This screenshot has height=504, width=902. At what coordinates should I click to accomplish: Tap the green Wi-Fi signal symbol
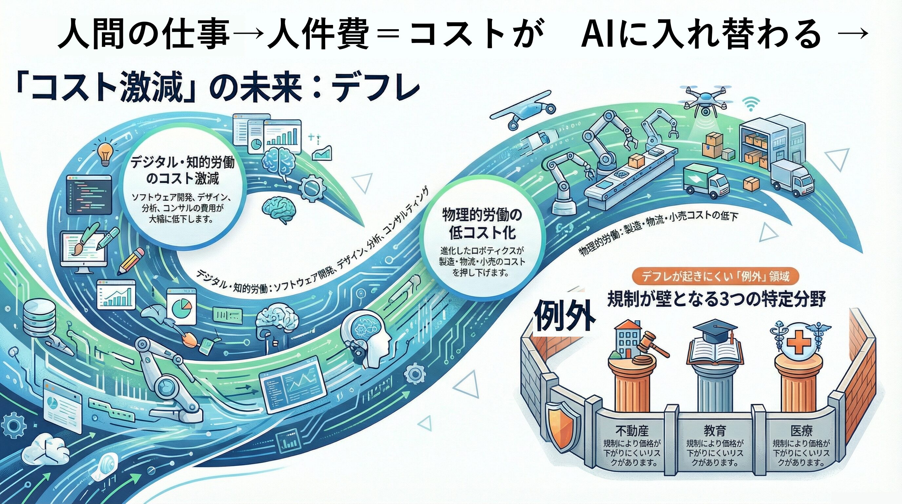751,104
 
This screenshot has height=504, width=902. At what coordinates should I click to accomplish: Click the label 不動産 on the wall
632,431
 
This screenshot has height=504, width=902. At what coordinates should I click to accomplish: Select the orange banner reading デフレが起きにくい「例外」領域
713,277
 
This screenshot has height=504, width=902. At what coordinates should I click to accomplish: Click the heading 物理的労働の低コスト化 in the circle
482,223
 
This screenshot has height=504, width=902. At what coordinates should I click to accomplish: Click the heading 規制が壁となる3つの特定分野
717,299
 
